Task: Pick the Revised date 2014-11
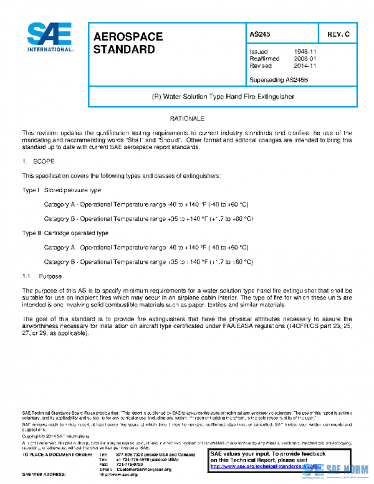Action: [x=305, y=65]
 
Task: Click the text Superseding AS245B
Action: [x=279, y=80]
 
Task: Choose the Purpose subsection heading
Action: [x=49, y=276]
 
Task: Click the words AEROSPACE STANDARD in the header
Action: [x=128, y=42]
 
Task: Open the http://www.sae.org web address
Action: [x=118, y=475]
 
